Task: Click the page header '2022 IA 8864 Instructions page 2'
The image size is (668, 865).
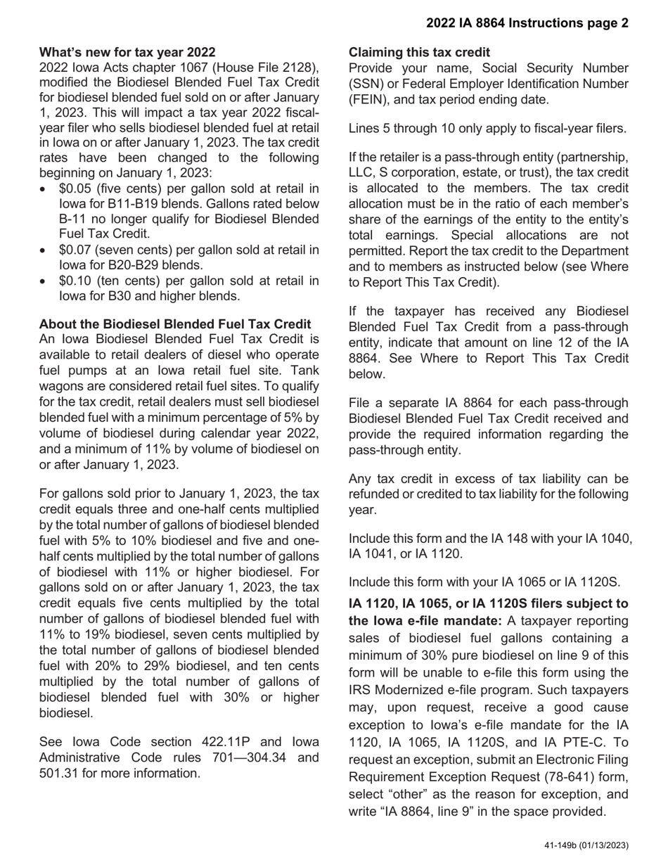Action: pyautogui.click(x=527, y=23)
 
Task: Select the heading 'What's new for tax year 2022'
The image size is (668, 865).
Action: pyautogui.click(x=127, y=52)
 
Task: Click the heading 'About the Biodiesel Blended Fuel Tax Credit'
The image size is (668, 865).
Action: pyautogui.click(x=175, y=323)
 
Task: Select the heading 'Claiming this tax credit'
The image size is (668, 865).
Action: pyautogui.click(x=419, y=52)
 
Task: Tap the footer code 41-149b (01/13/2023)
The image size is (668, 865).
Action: pyautogui.click(x=586, y=845)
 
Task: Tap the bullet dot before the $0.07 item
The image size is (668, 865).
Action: pyautogui.click(x=46, y=251)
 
